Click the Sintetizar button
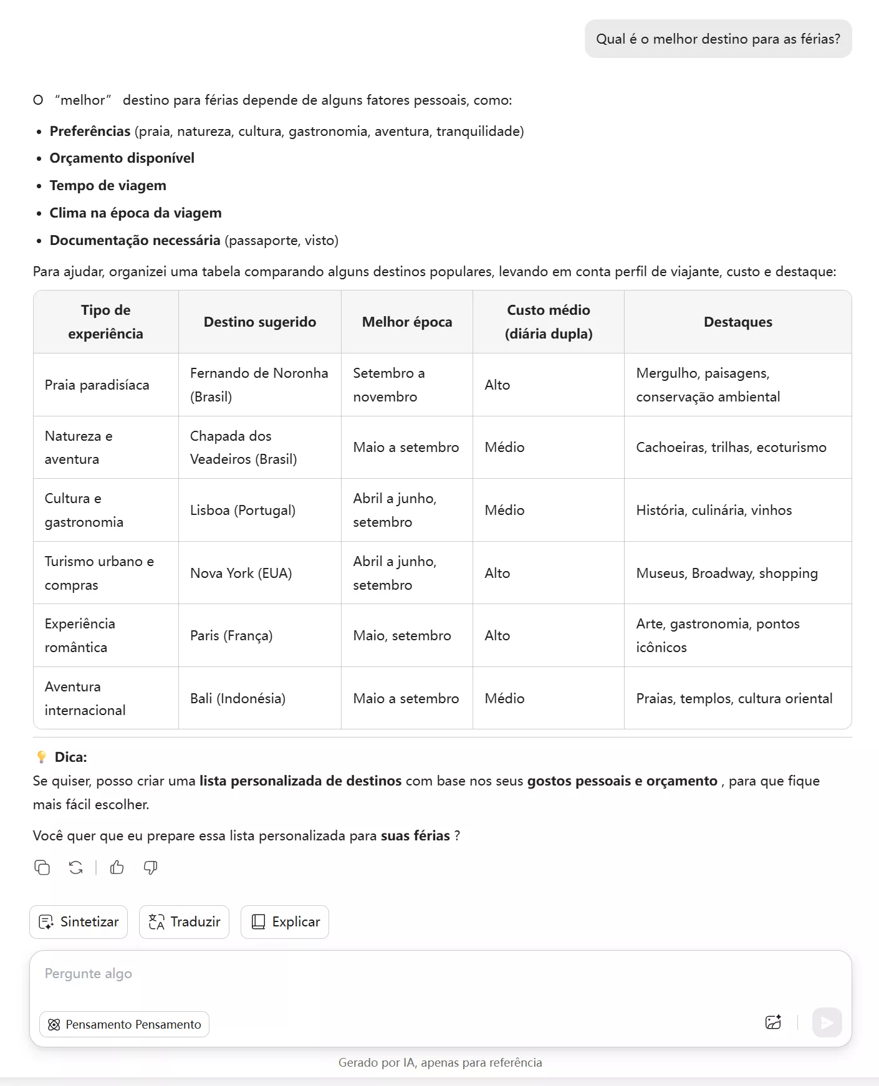click(x=79, y=922)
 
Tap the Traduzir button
click(x=184, y=922)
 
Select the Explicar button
click(x=285, y=922)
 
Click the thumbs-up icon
click(x=117, y=867)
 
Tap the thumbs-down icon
click(x=150, y=867)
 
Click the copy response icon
click(x=42, y=867)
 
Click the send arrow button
click(x=827, y=1023)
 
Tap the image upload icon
click(x=773, y=1022)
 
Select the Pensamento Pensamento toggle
click(x=124, y=1024)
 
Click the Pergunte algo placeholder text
click(x=89, y=974)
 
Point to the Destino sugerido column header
click(x=259, y=322)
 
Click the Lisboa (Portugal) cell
click(x=243, y=510)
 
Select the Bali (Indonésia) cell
click(x=238, y=698)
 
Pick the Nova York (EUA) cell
click(x=241, y=573)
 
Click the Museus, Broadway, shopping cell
click(x=726, y=573)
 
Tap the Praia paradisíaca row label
click(x=97, y=385)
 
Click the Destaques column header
click(x=737, y=322)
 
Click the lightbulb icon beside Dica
click(x=42, y=757)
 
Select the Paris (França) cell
click(x=231, y=635)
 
